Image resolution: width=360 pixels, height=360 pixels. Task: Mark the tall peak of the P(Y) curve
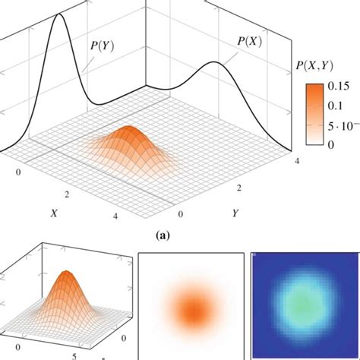click(x=58, y=17)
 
